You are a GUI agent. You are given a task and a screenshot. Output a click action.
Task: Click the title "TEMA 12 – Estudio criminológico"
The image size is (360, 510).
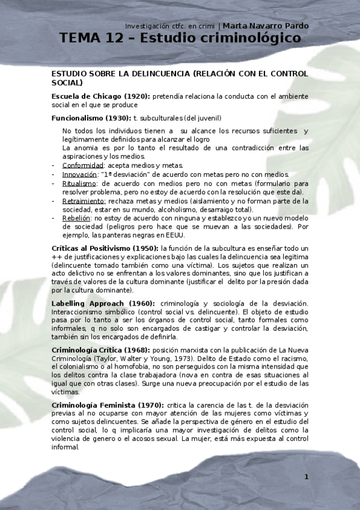pos(180,38)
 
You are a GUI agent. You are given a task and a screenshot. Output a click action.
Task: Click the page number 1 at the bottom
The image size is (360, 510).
pos(306,477)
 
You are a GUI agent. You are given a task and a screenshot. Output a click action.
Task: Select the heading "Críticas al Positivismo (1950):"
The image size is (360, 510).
pos(105,248)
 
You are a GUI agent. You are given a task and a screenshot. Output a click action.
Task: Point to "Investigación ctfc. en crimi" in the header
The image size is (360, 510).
pos(170,26)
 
